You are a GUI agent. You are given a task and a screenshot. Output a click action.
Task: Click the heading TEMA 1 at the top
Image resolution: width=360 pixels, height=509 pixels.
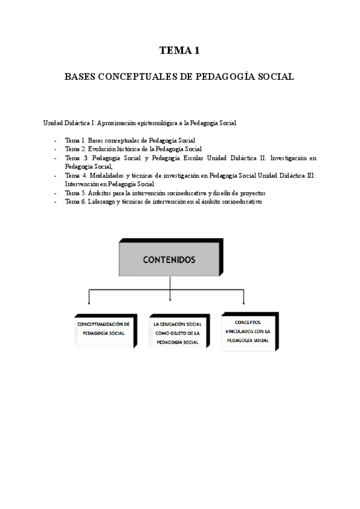click(179, 50)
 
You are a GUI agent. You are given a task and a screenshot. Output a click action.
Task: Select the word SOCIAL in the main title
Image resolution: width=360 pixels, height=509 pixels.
click(273, 77)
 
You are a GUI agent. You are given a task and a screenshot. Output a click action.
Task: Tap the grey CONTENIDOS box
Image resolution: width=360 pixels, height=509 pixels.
click(169, 260)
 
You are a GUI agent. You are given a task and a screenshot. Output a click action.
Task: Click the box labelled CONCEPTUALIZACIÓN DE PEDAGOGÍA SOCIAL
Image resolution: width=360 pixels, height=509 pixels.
click(103, 329)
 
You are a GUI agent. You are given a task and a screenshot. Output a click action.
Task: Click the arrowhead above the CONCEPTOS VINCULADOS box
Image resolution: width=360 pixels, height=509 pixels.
click(244, 303)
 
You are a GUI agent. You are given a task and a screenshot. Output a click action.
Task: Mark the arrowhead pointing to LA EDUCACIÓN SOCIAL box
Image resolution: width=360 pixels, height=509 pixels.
click(170, 298)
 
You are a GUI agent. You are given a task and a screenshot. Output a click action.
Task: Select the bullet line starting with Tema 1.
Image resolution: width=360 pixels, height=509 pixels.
click(130, 140)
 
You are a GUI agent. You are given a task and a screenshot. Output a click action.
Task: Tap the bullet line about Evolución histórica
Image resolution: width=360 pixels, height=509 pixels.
click(133, 149)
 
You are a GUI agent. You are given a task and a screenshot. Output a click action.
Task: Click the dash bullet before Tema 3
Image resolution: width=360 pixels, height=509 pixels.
click(55, 158)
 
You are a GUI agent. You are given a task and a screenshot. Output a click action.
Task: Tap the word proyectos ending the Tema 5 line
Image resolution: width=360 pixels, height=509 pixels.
click(252, 193)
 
